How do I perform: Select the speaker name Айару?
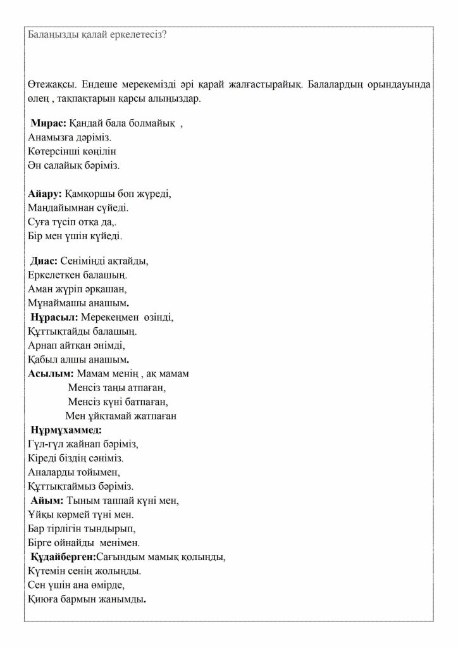(x=44, y=193)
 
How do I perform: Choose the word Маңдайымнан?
(x=61, y=208)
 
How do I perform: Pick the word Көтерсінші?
(x=54, y=151)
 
